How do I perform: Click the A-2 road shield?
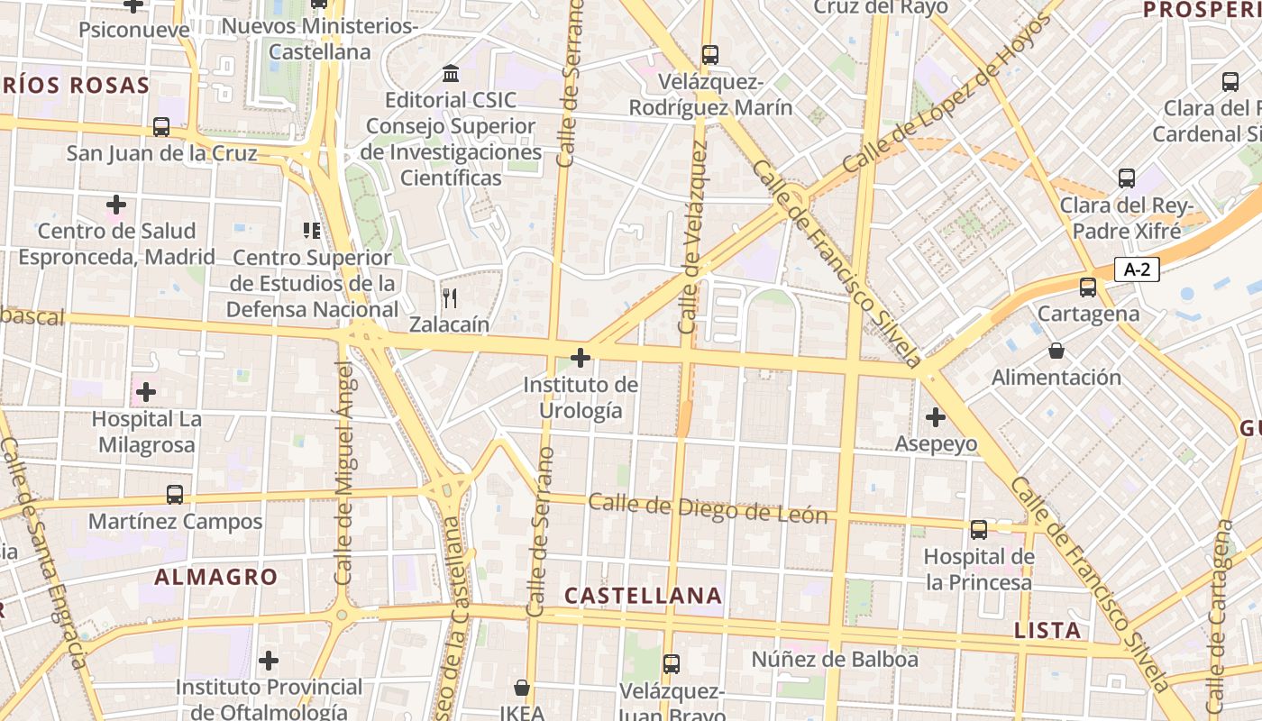click(x=1136, y=269)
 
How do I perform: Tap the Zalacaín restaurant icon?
click(x=450, y=297)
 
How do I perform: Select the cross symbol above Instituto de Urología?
click(x=581, y=358)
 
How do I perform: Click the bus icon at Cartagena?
click(x=1088, y=287)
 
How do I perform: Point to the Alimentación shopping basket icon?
click(x=1056, y=350)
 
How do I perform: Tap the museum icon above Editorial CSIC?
click(x=450, y=72)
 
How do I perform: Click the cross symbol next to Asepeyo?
click(x=936, y=416)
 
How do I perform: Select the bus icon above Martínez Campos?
click(x=175, y=494)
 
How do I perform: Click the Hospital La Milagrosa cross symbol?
click(x=146, y=392)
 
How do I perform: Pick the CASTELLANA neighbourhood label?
click(x=643, y=596)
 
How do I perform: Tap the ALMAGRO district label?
click(x=215, y=577)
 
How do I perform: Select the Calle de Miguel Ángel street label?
click(x=343, y=472)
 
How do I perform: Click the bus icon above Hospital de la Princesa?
click(x=979, y=529)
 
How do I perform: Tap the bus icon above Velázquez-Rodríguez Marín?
click(x=710, y=55)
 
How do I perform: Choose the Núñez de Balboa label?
click(x=835, y=660)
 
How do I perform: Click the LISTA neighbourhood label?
click(x=1047, y=630)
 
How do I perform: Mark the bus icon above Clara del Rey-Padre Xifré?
click(x=1127, y=178)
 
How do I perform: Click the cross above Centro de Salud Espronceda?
click(x=116, y=204)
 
